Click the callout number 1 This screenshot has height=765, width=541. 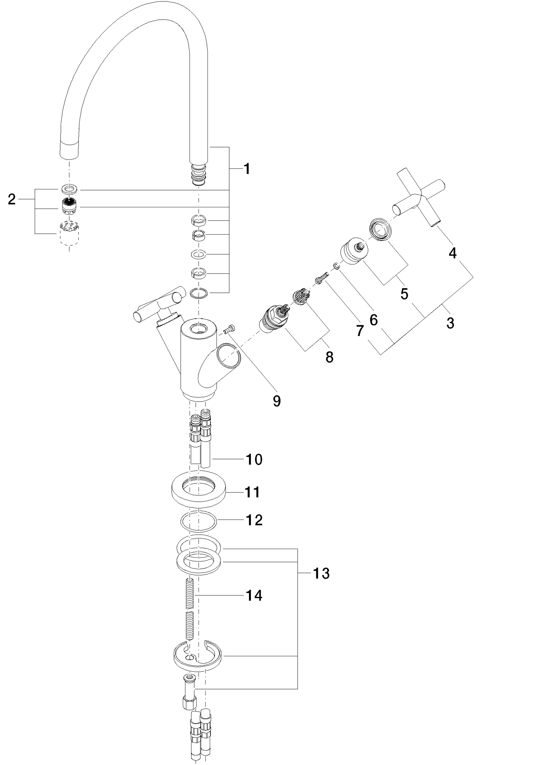click(246, 169)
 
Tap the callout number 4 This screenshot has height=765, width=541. click(452, 253)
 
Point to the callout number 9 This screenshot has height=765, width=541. click(276, 401)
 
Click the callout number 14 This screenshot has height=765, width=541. click(254, 595)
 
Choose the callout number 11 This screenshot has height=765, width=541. click(252, 492)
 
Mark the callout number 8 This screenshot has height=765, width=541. click(329, 357)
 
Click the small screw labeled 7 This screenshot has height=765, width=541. click(321, 279)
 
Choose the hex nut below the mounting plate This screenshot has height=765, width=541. click(190, 703)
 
